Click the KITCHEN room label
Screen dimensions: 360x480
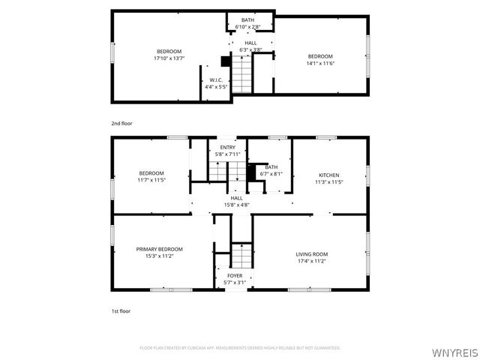[328, 175]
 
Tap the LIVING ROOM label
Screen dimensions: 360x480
[311, 254]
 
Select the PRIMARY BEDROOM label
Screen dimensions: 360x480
[159, 249]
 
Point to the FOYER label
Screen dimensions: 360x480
[235, 276]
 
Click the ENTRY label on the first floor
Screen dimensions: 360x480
[227, 148]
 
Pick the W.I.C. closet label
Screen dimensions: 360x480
[216, 80]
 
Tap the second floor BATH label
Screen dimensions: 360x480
[247, 20]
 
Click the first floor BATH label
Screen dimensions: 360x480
[271, 167]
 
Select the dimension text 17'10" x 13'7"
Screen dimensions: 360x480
[169, 58]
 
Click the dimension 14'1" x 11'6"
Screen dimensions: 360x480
[320, 63]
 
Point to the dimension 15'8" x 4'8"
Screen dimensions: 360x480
[236, 204]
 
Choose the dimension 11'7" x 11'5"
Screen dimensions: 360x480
[151, 180]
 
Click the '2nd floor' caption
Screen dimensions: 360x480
[121, 122]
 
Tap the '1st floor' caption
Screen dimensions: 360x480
[121, 310]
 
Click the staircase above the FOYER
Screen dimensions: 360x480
[241, 256]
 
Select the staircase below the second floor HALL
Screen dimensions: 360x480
[241, 73]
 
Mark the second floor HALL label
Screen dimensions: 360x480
[250, 43]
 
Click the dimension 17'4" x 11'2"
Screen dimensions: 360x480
[311, 262]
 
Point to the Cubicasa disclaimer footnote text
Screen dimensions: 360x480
[240, 348]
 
